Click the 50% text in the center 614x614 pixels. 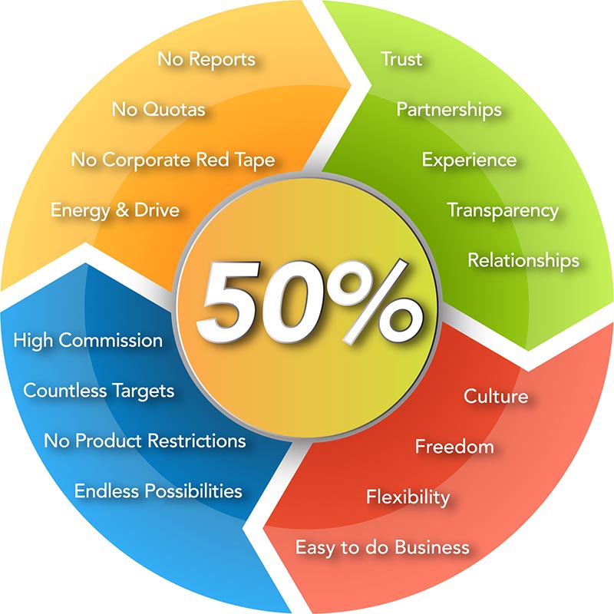309,302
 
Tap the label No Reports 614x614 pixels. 206,60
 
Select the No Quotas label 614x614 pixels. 159,109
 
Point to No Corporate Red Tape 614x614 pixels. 173,160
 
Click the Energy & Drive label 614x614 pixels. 115,210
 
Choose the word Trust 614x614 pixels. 401,59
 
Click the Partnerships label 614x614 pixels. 449,110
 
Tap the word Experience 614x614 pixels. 469,160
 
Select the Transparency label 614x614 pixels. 503,210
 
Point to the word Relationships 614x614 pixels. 523,261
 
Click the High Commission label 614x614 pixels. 88,340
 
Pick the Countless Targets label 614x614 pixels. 99,391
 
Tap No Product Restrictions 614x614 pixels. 145,441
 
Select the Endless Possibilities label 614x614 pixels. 158,491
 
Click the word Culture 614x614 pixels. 496,396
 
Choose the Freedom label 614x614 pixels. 454,447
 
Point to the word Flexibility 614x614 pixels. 408,497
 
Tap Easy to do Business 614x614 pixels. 382,547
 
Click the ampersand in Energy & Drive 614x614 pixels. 122,210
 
